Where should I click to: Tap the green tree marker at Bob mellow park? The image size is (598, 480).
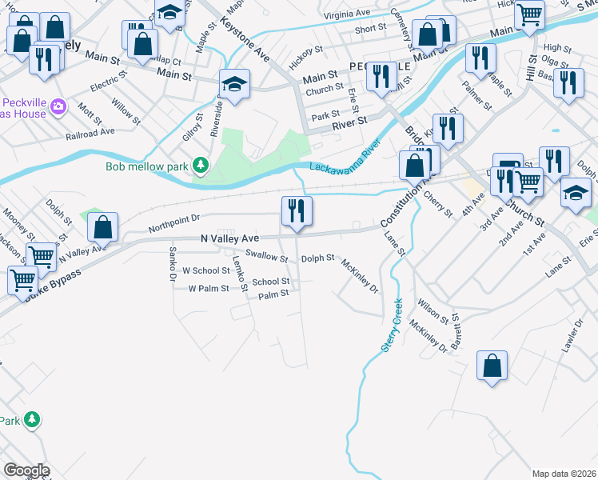200,166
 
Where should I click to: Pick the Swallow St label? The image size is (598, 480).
266,256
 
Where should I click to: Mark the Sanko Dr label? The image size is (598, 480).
172,265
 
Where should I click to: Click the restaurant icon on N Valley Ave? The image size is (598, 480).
297,211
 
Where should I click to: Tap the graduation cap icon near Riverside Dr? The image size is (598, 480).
234,83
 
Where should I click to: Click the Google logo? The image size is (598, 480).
26,470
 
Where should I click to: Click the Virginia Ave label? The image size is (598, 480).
347,14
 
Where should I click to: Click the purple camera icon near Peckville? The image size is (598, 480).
58,106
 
